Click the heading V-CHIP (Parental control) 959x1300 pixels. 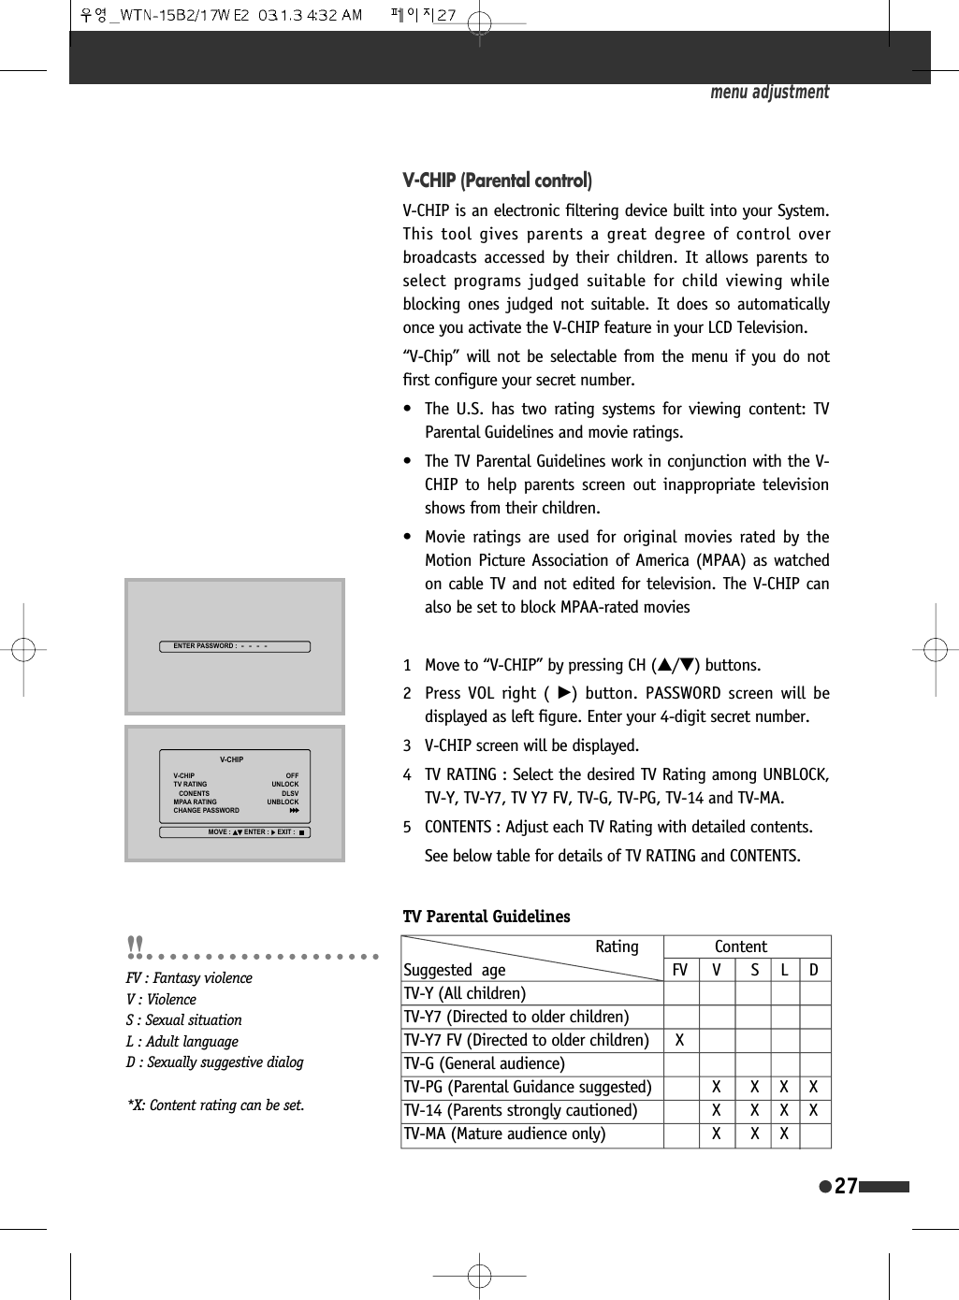click(x=497, y=181)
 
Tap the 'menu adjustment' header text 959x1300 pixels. click(x=769, y=92)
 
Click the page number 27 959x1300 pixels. click(x=846, y=1186)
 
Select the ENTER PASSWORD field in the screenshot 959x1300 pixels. click(x=234, y=646)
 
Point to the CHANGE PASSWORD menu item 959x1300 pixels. click(x=207, y=811)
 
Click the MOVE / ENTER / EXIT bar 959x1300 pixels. click(x=235, y=832)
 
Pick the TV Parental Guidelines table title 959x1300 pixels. click(x=487, y=917)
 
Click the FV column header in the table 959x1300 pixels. click(x=680, y=970)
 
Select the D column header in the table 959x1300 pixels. click(x=814, y=970)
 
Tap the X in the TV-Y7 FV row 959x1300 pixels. click(x=680, y=1040)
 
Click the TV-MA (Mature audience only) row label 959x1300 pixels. click(x=504, y=1134)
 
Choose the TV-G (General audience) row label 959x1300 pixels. click(x=484, y=1063)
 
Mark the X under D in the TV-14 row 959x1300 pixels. click(x=814, y=1110)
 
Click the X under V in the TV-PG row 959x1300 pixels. click(x=717, y=1087)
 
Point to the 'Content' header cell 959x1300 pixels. click(x=740, y=946)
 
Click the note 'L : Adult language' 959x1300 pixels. click(x=182, y=1041)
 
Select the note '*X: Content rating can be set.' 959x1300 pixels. click(x=216, y=1105)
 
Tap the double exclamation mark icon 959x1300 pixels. click(x=136, y=947)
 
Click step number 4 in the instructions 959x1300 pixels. click(x=407, y=774)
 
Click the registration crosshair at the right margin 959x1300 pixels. click(x=935, y=649)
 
